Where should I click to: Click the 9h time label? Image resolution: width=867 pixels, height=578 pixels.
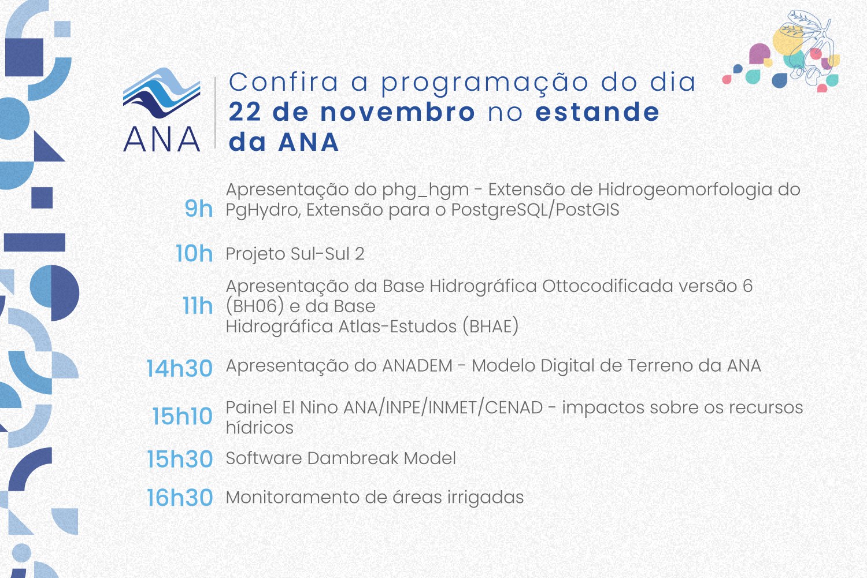(198, 209)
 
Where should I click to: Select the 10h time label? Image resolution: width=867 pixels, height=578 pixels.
(194, 254)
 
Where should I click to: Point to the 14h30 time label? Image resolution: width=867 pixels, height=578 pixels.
(179, 368)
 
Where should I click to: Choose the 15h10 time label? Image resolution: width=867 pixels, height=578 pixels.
(182, 416)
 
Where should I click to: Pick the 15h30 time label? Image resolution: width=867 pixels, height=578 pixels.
(180, 459)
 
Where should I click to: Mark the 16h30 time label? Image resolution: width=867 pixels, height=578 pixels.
(180, 498)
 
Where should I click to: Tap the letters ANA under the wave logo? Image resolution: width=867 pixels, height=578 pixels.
(162, 140)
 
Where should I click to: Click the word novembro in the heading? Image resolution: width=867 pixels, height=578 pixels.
(398, 112)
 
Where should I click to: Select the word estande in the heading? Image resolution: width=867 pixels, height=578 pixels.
(598, 112)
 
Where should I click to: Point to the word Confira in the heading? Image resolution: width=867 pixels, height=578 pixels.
(283, 82)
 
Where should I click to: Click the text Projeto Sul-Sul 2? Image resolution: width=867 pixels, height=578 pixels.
(295, 254)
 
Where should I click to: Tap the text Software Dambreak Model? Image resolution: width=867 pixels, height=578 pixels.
(340, 458)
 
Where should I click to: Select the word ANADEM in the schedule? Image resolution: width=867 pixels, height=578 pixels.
(417, 366)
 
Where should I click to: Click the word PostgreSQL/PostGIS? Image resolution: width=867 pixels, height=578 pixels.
(535, 210)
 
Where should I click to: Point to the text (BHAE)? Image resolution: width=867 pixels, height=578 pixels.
(490, 327)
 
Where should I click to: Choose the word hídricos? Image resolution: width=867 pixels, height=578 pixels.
(260, 428)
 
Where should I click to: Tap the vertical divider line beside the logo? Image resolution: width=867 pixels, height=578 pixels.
(216, 113)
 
